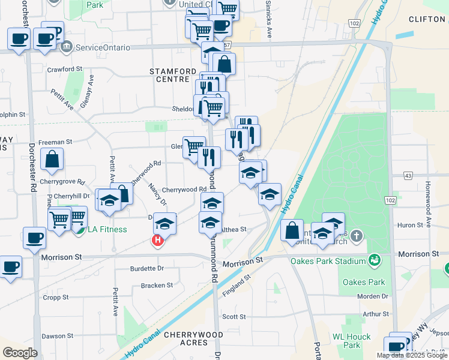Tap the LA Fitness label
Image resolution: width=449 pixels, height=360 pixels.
coord(107,229)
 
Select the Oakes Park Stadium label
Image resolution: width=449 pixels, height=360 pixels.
coord(328,261)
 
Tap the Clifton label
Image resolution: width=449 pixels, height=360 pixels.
coord(427,19)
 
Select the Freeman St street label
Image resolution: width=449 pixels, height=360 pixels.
coord(55,142)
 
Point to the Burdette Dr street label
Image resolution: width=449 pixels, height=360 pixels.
coord(147,269)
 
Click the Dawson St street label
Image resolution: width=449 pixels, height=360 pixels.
coord(58,336)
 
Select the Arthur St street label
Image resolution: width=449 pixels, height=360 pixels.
coord(376,314)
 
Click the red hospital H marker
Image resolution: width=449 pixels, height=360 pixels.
coord(157,241)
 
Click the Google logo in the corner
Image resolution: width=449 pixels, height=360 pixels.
coord(20,353)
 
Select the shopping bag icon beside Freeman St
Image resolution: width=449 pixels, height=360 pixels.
coord(53,159)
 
